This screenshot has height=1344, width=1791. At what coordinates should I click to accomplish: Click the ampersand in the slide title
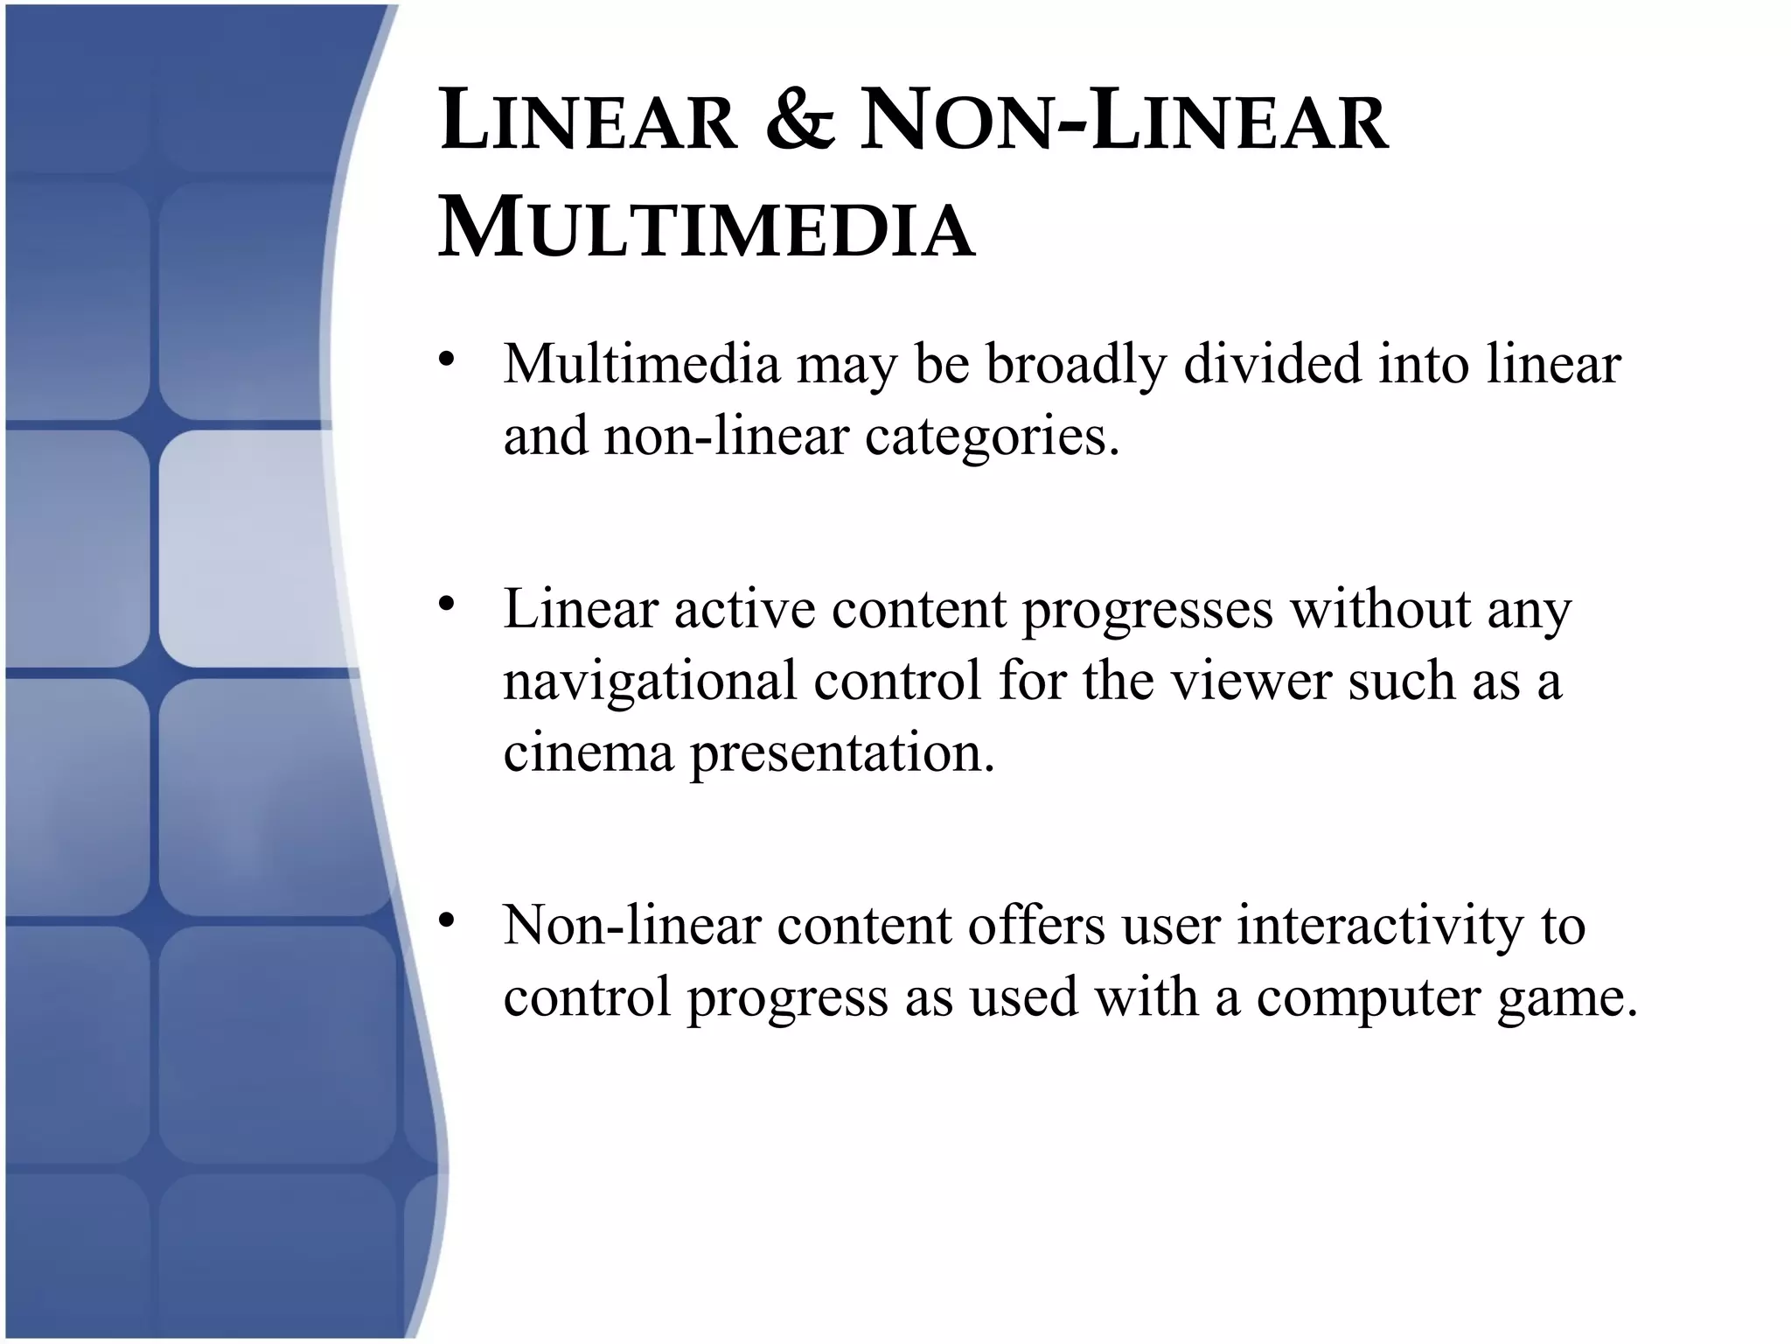799,122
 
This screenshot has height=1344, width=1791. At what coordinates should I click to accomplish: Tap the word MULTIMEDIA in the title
707,229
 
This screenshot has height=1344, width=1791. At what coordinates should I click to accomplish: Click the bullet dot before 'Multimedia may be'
448,360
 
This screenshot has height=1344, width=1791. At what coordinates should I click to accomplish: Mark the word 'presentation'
842,754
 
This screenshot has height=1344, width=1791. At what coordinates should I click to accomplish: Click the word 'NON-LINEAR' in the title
1124,122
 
